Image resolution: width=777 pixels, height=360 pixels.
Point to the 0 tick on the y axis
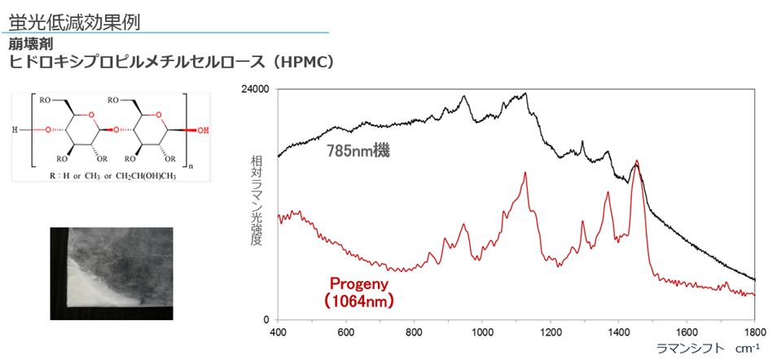tap(266, 320)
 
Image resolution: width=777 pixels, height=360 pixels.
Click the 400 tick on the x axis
tap(278, 332)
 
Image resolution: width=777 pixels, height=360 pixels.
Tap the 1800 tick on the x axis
tap(754, 332)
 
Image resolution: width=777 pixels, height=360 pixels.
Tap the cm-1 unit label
tap(747, 348)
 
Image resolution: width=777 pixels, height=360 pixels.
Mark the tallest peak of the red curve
tap(637, 161)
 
